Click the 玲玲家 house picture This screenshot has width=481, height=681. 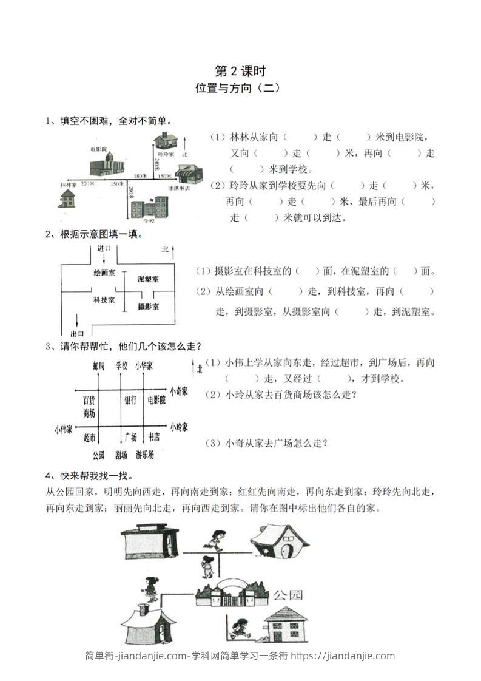[163, 141]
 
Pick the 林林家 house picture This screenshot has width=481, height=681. [67, 197]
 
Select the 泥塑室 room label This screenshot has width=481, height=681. [148, 279]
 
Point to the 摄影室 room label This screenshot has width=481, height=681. [148, 307]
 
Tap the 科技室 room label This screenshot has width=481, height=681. [104, 300]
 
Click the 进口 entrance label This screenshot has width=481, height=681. [104, 249]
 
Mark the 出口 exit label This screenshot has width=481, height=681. [77, 334]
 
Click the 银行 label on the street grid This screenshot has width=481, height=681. [131, 400]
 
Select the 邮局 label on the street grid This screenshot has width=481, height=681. [98, 365]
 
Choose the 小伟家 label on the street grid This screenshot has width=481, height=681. [63, 429]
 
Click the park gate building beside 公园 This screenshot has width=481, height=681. [232, 592]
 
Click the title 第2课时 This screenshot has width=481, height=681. [241, 71]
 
